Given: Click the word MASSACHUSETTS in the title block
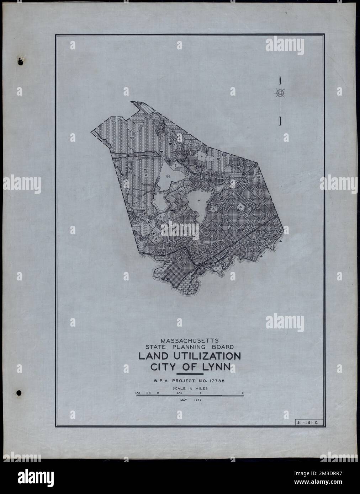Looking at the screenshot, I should click(189, 340).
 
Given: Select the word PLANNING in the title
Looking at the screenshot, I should click(195, 347).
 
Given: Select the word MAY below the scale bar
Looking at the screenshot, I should click(181, 400).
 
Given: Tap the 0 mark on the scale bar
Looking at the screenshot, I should click(157, 393).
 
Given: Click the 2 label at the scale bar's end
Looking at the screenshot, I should click(242, 393).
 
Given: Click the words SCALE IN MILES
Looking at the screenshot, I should click(190, 388).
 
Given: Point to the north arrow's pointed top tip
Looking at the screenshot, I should click(280, 76).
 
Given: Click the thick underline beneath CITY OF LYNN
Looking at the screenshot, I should click(190, 374).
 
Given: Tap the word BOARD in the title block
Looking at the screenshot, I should click(222, 347).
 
